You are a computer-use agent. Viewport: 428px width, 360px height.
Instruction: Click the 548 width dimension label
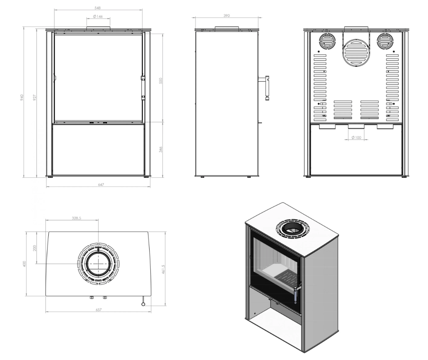coord(97,8)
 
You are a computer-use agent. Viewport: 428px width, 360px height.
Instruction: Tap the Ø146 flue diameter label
coord(98,17)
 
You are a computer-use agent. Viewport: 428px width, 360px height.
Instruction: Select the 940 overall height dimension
coord(22,97)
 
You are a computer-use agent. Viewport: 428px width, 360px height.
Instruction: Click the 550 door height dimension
coord(160,81)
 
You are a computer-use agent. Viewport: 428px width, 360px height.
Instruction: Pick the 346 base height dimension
coord(160,149)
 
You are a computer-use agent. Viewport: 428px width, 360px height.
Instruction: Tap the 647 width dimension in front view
coord(101,185)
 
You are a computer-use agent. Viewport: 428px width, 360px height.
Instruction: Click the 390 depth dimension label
coord(227,16)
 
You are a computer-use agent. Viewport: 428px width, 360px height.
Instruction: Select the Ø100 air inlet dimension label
coord(356,137)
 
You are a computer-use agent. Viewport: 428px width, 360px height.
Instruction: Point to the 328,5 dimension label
coord(76,218)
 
